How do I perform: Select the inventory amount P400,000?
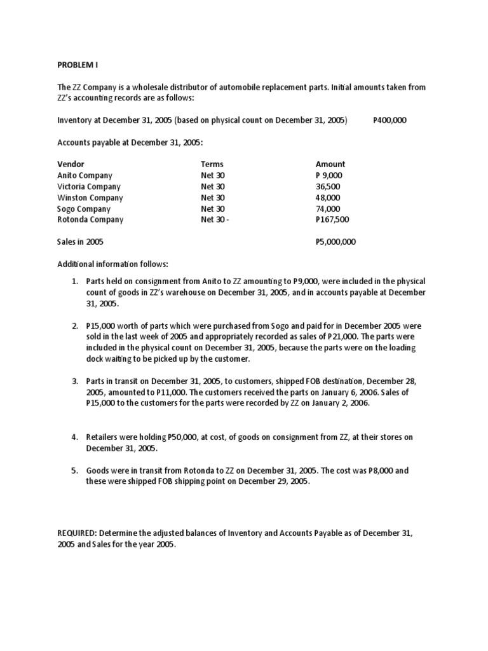[390, 121]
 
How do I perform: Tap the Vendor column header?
[71, 164]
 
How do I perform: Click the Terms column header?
[212, 164]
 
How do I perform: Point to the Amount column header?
[330, 164]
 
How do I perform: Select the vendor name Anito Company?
[85, 175]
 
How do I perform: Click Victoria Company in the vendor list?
[88, 187]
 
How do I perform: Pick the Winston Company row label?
[90, 198]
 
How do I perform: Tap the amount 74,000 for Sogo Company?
[328, 209]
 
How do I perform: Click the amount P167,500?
[332, 220]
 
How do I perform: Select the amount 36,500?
[328, 187]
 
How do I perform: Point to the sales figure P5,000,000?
[335, 242]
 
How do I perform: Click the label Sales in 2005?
[80, 242]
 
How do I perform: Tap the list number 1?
[74, 282]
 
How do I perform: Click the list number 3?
[74, 381]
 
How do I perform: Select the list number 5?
[74, 471]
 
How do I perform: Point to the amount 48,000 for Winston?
[328, 198]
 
